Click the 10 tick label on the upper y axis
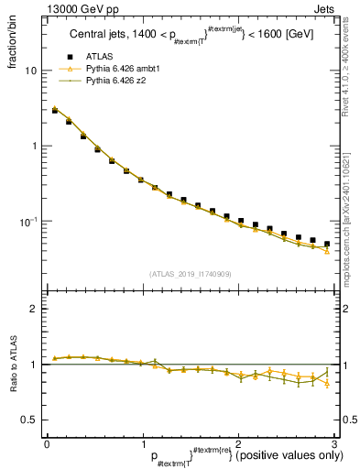(x=30, y=71)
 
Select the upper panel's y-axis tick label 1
(x=34, y=147)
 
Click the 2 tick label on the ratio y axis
(x=34, y=309)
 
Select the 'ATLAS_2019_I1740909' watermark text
(x=189, y=274)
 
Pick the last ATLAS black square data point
(x=327, y=244)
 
